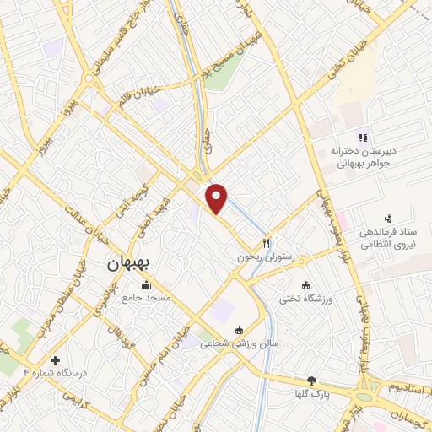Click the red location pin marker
click(x=217, y=198)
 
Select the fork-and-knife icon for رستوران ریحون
click(x=267, y=242)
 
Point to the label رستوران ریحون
click(x=267, y=256)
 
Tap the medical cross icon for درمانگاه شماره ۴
click(x=56, y=359)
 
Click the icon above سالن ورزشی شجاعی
click(x=239, y=329)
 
